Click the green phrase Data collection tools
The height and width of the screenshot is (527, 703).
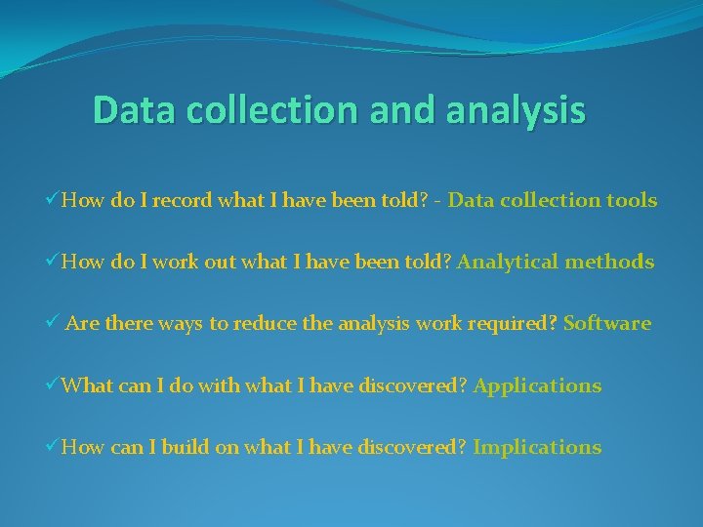click(553, 200)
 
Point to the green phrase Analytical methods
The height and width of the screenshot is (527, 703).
click(556, 262)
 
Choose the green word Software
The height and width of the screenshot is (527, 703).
click(607, 323)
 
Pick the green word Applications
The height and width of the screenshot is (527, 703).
click(537, 385)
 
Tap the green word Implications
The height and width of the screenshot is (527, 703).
click(537, 447)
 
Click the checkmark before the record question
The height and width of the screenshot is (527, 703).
click(52, 200)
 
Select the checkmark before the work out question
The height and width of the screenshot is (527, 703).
click(52, 262)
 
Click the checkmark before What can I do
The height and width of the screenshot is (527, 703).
click(52, 385)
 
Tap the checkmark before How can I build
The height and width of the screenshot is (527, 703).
click(52, 447)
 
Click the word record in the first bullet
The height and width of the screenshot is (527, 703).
click(181, 200)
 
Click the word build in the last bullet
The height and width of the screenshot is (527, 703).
click(185, 447)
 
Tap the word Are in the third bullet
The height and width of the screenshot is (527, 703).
click(81, 323)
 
